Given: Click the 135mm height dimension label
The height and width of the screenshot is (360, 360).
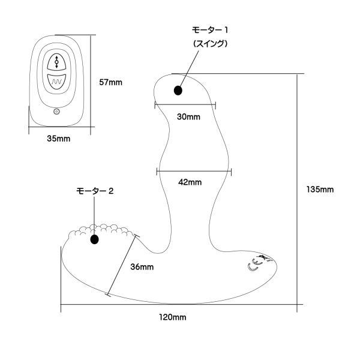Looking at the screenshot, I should click(319, 189).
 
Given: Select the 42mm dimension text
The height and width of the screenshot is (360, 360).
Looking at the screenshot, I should click(191, 182).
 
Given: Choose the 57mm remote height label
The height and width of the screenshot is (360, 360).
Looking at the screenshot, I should click(110, 82).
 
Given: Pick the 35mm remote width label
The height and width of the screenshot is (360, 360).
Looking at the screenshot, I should click(58, 138).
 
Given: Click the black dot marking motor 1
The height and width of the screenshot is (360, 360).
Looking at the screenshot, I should click(178, 91).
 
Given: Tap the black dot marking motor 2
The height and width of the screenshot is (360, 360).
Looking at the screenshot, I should click(94, 240).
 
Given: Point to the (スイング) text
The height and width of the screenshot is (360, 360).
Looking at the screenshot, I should click(210, 44).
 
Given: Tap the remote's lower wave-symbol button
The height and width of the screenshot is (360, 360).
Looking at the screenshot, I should click(56, 80).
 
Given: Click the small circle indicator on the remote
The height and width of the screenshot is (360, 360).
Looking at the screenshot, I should click(56, 111).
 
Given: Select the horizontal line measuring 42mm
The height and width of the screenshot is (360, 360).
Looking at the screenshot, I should click(193, 172).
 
